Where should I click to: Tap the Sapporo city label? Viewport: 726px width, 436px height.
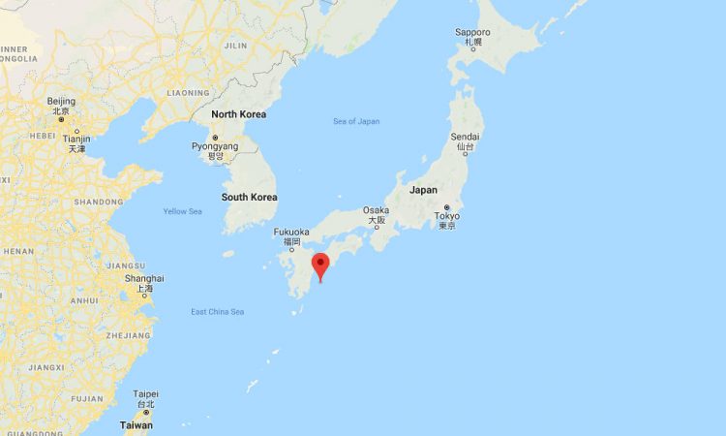click(x=471, y=32)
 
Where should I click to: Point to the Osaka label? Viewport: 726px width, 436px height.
click(x=376, y=210)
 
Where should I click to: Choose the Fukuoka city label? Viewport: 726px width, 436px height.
click(x=291, y=232)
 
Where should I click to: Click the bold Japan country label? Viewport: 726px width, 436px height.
click(x=423, y=190)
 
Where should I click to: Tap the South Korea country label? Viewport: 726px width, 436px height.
click(x=249, y=197)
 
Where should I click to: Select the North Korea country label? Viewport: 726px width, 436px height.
click(x=238, y=114)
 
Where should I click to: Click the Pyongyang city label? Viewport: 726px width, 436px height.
click(x=214, y=145)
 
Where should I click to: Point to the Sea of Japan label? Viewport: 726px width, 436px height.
click(x=356, y=121)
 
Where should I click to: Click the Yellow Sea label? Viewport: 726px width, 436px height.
click(x=182, y=211)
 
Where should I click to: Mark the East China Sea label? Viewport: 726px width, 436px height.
click(x=218, y=311)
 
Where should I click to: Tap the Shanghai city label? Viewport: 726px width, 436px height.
click(x=144, y=278)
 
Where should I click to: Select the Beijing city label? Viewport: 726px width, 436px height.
click(x=60, y=102)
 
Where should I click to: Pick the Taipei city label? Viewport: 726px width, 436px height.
click(x=145, y=394)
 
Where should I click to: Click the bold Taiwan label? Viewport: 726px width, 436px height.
click(x=136, y=425)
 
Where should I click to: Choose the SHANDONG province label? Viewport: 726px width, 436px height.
click(x=98, y=202)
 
